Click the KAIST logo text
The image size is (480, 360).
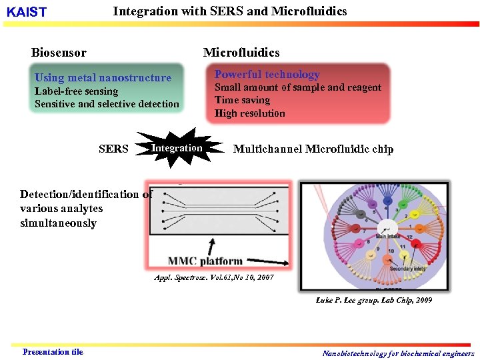(x=26, y=13)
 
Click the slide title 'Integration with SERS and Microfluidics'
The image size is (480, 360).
(x=230, y=11)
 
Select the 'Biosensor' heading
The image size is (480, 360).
(x=59, y=53)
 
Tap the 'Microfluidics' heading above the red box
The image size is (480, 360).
(x=241, y=53)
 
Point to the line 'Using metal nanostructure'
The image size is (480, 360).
(x=103, y=77)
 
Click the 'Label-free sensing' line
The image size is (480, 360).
(x=76, y=91)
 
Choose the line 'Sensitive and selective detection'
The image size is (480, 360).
(x=107, y=104)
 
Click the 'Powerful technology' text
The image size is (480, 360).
(x=267, y=75)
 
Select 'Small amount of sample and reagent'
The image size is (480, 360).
(x=297, y=87)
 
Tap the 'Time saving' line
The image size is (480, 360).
(x=242, y=100)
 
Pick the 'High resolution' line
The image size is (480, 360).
(x=249, y=113)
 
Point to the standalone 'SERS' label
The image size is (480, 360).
(x=113, y=149)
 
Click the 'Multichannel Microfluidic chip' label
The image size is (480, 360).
(x=313, y=149)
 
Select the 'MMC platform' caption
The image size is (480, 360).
(x=205, y=261)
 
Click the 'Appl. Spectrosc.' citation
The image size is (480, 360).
(x=213, y=277)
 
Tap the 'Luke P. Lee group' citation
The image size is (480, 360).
(x=373, y=300)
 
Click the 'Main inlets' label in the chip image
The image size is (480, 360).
(x=388, y=235)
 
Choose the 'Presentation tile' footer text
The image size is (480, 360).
(x=53, y=352)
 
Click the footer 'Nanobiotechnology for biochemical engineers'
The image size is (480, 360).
(x=398, y=353)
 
